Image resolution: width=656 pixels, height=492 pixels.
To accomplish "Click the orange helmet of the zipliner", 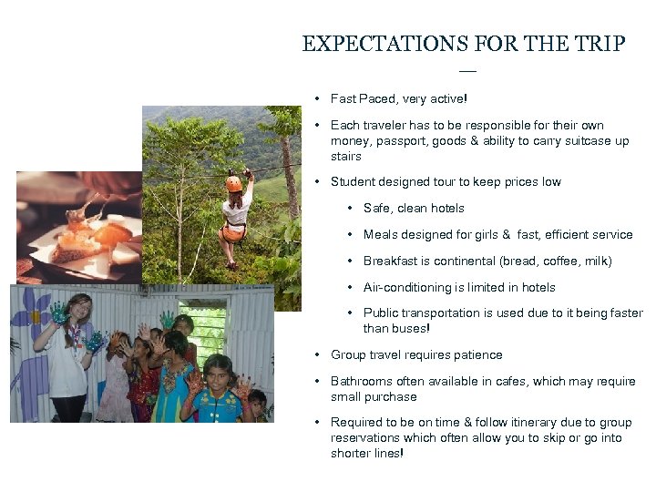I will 234,183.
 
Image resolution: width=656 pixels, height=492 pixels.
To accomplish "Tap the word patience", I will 475,354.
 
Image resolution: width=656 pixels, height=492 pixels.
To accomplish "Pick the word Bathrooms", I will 361,381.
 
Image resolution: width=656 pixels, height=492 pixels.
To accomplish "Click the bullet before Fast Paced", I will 314,98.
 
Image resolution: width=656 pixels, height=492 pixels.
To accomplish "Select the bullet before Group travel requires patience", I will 314,354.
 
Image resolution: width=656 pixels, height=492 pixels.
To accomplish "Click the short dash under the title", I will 467,70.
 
